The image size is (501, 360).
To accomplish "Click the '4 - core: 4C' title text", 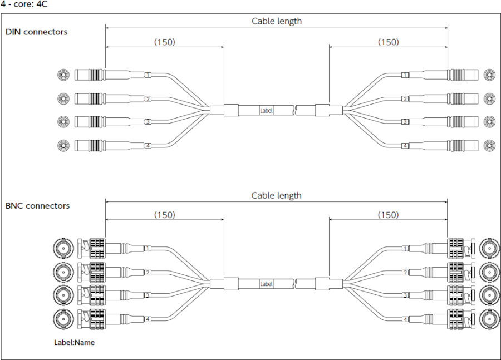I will click(24, 4).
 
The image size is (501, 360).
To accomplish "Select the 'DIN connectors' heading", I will click(36, 32).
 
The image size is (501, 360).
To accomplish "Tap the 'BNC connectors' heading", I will click(37, 206).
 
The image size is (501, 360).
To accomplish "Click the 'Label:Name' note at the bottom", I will click(74, 342).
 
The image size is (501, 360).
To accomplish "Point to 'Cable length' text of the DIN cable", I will click(276, 21).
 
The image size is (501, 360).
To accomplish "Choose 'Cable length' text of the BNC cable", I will click(276, 195).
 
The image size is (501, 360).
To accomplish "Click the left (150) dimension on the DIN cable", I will click(164, 42).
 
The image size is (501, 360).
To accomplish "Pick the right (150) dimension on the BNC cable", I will click(388, 215).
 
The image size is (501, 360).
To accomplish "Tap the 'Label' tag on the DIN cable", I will click(267, 110).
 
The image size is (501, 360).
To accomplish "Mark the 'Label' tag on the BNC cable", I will click(267, 284).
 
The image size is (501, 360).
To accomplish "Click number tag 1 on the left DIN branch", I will click(148, 75).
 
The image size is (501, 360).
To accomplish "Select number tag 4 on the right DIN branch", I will click(405, 146).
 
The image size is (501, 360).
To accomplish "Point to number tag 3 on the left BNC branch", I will click(148, 295).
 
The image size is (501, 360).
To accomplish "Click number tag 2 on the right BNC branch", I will click(405, 272).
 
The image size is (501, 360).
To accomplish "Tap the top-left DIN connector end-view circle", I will click(64, 75).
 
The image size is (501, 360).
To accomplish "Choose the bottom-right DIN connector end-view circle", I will click(490, 145).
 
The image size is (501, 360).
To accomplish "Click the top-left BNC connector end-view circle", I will click(63, 248).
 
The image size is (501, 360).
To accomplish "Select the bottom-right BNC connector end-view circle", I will click(490, 319).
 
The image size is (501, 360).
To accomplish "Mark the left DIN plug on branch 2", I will click(89, 98).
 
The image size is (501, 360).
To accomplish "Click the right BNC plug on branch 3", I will click(461, 295).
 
